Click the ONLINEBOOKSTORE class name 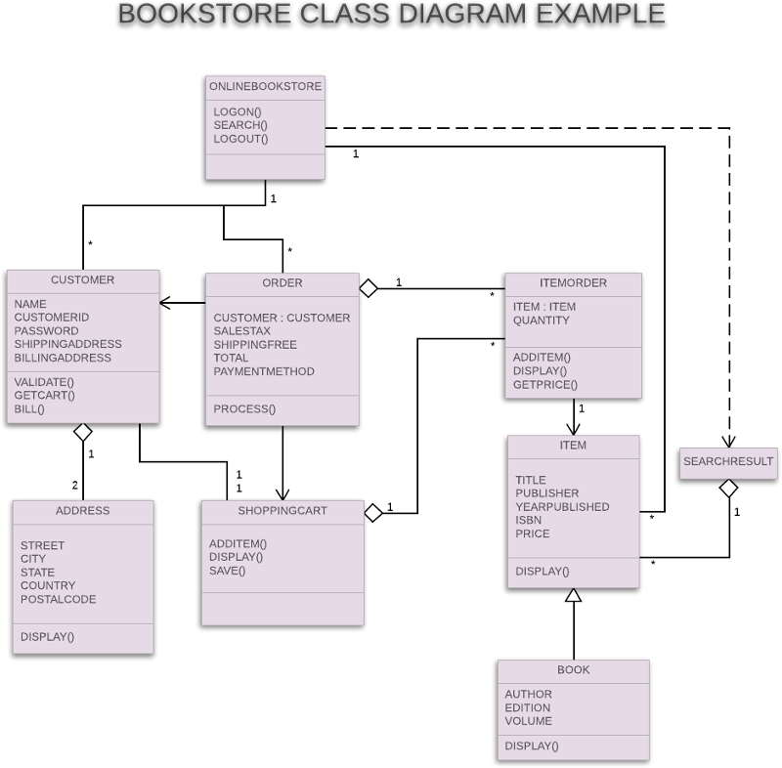[265, 86]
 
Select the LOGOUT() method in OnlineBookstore [240, 139]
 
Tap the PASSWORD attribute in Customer [46, 331]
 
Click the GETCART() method [44, 395]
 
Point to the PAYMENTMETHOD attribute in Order [264, 371]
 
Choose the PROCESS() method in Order [244, 408]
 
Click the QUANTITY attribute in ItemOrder [541, 320]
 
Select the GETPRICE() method [544, 384]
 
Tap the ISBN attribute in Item [529, 520]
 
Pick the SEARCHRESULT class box [728, 461]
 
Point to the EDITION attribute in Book [527, 707]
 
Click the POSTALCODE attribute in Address [58, 599]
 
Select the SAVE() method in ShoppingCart [227, 571]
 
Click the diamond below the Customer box [83, 432]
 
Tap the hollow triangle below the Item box [574, 595]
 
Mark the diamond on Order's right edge [369, 287]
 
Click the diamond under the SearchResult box [728, 487]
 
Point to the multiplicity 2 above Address [74, 486]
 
